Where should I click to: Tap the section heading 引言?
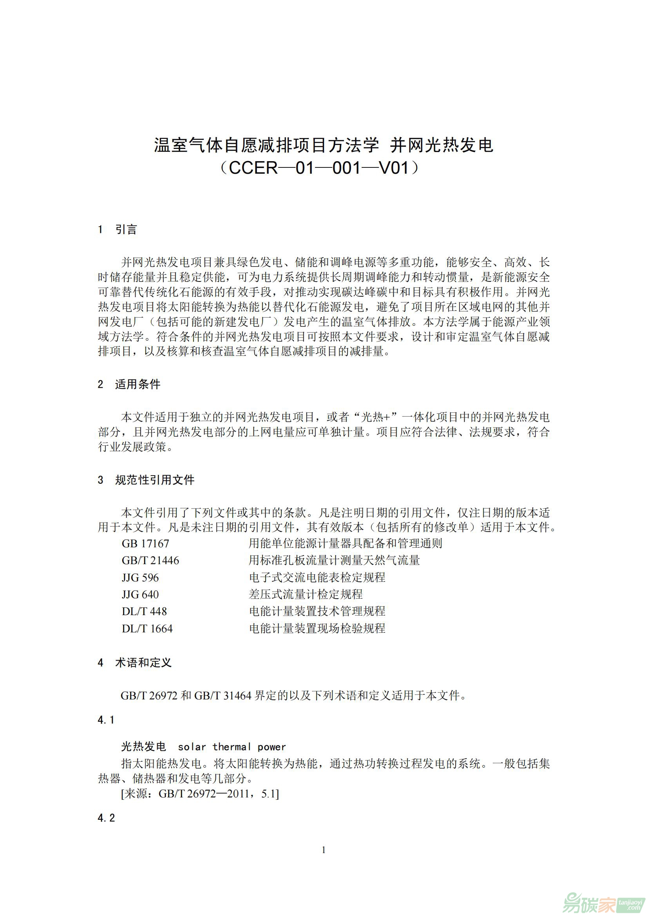[x=126, y=230]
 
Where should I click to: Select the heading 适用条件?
[x=138, y=384]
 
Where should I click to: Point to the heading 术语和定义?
[x=143, y=663]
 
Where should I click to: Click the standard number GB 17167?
[x=145, y=543]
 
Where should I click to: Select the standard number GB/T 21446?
[x=150, y=561]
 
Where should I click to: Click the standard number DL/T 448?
[x=145, y=612]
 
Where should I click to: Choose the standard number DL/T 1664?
[x=147, y=628]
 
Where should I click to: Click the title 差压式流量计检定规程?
[x=306, y=594]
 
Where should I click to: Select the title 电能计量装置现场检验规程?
[x=317, y=628]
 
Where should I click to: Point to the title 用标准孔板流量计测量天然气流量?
[x=334, y=560]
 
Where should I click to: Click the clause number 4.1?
[x=106, y=720]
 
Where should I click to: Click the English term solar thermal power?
[x=232, y=747]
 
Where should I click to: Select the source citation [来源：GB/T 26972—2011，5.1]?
[x=200, y=794]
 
